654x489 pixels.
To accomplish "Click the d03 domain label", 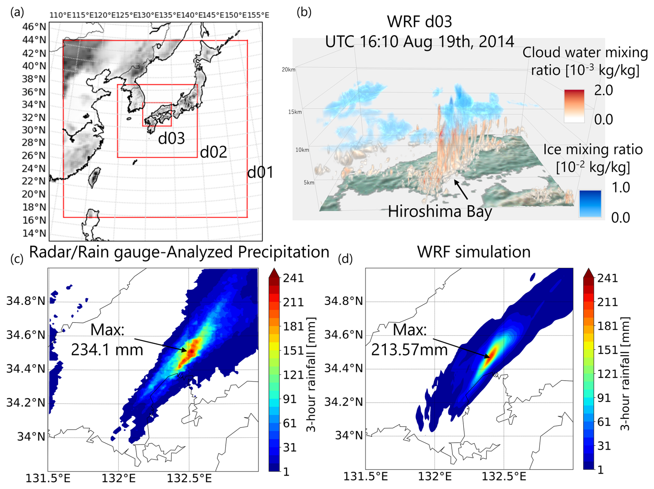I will [171, 138].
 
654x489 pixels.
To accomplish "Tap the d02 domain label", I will [214, 152].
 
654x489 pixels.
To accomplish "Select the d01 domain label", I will [260, 172].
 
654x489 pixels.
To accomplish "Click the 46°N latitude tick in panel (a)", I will [34, 27].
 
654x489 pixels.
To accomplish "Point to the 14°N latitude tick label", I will [34, 233].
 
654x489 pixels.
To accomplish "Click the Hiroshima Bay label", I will [440, 211].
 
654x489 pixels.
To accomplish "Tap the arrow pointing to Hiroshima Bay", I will [461, 190].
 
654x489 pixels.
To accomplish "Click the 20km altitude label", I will [288, 70].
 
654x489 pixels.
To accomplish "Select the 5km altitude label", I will [309, 182].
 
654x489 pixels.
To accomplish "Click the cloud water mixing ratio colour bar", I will [574, 106].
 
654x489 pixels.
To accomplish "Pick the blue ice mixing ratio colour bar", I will [590, 203].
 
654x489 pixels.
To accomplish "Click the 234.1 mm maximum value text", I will [107, 350].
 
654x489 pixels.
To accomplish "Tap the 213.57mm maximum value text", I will [410, 350].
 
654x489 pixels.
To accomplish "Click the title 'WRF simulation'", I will [474, 252].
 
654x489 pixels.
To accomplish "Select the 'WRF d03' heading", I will [419, 22].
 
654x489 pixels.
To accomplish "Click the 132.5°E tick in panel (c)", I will [189, 479].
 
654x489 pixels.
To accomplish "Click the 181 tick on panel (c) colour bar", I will [293, 326].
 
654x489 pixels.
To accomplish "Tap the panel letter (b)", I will [304, 12].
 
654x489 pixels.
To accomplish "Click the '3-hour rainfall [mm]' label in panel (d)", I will [624, 373].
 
